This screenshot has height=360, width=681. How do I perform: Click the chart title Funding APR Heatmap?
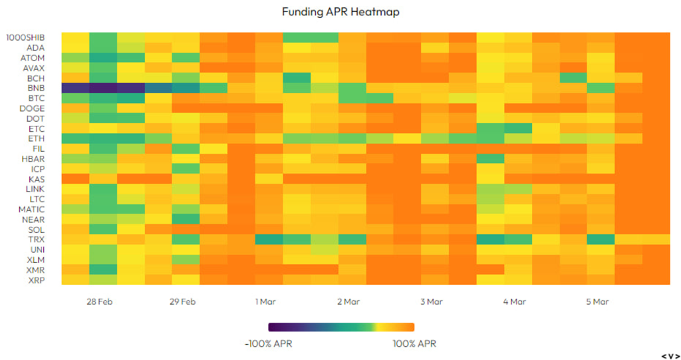[x=340, y=13]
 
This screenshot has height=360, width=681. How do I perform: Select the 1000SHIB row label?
[x=26, y=37]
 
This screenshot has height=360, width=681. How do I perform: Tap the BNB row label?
[x=36, y=88]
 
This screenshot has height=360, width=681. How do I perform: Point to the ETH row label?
[x=37, y=138]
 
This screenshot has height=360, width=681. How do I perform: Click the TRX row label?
[x=37, y=239]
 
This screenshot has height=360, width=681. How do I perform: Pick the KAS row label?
[x=37, y=179]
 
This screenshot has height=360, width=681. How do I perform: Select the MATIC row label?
[x=33, y=209]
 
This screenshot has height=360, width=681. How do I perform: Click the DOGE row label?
[x=33, y=108]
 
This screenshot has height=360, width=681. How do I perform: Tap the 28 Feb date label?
[x=99, y=301]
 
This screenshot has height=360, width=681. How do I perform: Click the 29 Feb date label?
[x=182, y=301]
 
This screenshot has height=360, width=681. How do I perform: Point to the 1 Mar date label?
[x=265, y=301]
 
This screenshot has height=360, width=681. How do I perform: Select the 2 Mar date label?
[x=348, y=301]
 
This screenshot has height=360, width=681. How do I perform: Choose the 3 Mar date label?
[x=432, y=301]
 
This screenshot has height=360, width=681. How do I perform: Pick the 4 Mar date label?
[x=515, y=301]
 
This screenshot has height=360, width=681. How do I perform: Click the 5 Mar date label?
[x=597, y=301]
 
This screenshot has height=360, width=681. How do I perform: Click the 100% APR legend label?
[x=414, y=344]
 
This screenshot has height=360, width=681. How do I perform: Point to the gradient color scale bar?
[x=341, y=327]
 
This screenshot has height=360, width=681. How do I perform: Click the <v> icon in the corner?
[x=670, y=355]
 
